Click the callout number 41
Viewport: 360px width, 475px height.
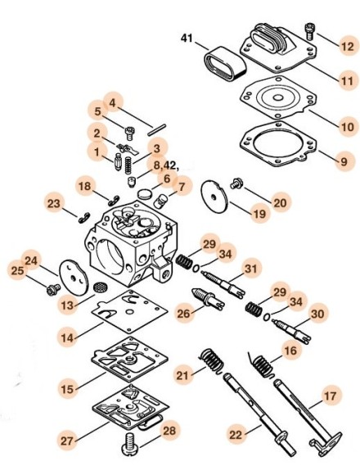pyautogui.click(x=187, y=38)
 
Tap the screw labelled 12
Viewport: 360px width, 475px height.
pyautogui.click(x=309, y=31)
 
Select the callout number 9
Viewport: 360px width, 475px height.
pyautogui.click(x=344, y=161)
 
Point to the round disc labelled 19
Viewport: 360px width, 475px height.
pyautogui.click(x=214, y=197)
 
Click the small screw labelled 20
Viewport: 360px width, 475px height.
pyautogui.click(x=235, y=184)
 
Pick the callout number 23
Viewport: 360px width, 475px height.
pyautogui.click(x=54, y=203)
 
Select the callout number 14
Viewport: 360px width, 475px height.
pyautogui.click(x=67, y=337)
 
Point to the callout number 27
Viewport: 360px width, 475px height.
pyautogui.click(x=67, y=441)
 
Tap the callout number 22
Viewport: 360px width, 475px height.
pyautogui.click(x=236, y=435)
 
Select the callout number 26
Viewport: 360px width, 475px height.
pyautogui.click(x=183, y=314)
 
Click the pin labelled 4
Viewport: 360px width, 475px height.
pyautogui.click(x=157, y=129)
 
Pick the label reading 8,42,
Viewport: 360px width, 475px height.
pyautogui.click(x=166, y=165)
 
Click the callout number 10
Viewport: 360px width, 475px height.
pyautogui.click(x=347, y=126)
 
